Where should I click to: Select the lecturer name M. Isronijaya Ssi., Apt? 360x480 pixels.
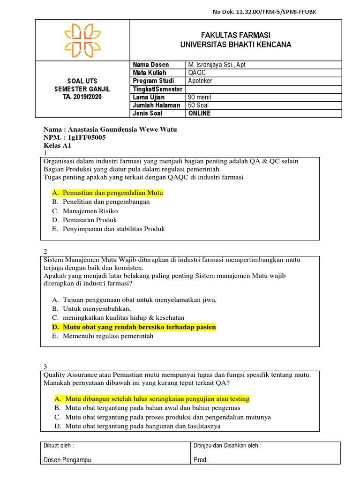point(217,65)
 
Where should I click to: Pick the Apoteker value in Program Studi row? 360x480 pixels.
point(200,81)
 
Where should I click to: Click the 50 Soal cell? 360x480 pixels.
point(199,105)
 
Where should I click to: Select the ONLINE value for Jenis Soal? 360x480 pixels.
point(199,113)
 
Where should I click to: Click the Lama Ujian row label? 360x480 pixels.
point(149,97)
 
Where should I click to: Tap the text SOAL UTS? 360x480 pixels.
point(82,81)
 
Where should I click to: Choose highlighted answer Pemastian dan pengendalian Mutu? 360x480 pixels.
point(112,193)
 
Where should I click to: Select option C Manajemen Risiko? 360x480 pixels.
point(91,211)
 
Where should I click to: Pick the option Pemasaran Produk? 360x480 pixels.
point(90,220)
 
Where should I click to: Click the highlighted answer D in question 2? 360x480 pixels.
point(139,327)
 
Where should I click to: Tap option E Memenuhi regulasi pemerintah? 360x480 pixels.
point(109,336)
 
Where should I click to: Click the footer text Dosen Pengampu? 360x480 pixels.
point(67,460)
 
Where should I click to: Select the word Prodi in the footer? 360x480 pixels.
point(201,460)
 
